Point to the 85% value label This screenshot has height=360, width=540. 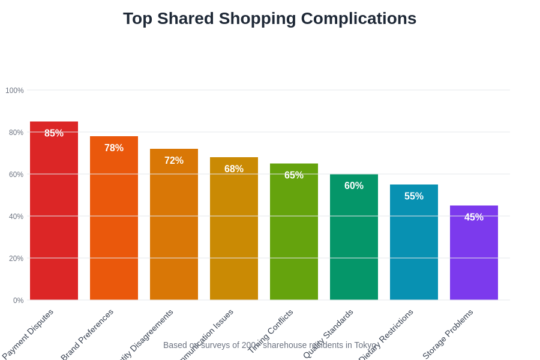(x=54, y=133)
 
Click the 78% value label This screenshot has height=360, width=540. (x=114, y=148)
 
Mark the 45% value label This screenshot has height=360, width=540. (x=474, y=217)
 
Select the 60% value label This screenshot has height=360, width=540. (x=354, y=186)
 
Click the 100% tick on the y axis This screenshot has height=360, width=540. (x=14, y=91)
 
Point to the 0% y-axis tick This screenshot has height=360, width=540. (x=18, y=301)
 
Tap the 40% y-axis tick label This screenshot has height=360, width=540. (x=16, y=217)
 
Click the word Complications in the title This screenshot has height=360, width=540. (x=358, y=19)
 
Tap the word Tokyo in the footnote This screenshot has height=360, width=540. (x=364, y=345)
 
